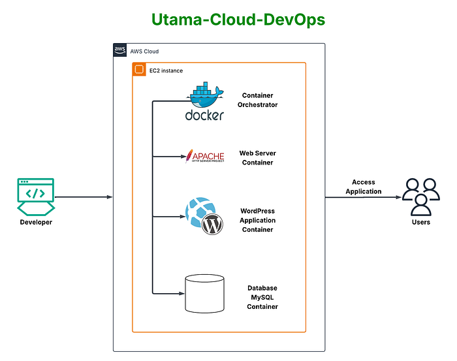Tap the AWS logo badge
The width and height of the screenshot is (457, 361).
pyautogui.click(x=119, y=51)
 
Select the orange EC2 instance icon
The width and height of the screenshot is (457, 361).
pyautogui.click(x=138, y=69)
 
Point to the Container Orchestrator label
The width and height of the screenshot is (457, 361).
pyautogui.click(x=257, y=100)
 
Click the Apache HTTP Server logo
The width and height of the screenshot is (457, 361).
pyautogui.click(x=205, y=157)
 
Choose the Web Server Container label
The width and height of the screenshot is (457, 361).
pyautogui.click(x=257, y=158)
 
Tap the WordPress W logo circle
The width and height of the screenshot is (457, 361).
pyautogui.click(x=212, y=226)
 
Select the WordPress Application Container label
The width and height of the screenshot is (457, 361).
pyautogui.click(x=258, y=221)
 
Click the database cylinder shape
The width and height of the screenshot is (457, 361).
pyautogui.click(x=205, y=293)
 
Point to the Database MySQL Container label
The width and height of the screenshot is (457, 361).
pyautogui.click(x=262, y=297)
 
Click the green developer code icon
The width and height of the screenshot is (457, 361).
pyautogui.click(x=35, y=196)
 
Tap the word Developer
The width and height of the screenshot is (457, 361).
pyautogui.click(x=35, y=223)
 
